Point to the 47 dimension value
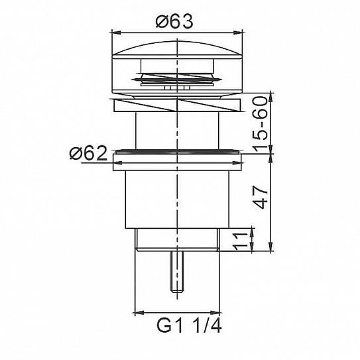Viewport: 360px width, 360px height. (261, 197)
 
